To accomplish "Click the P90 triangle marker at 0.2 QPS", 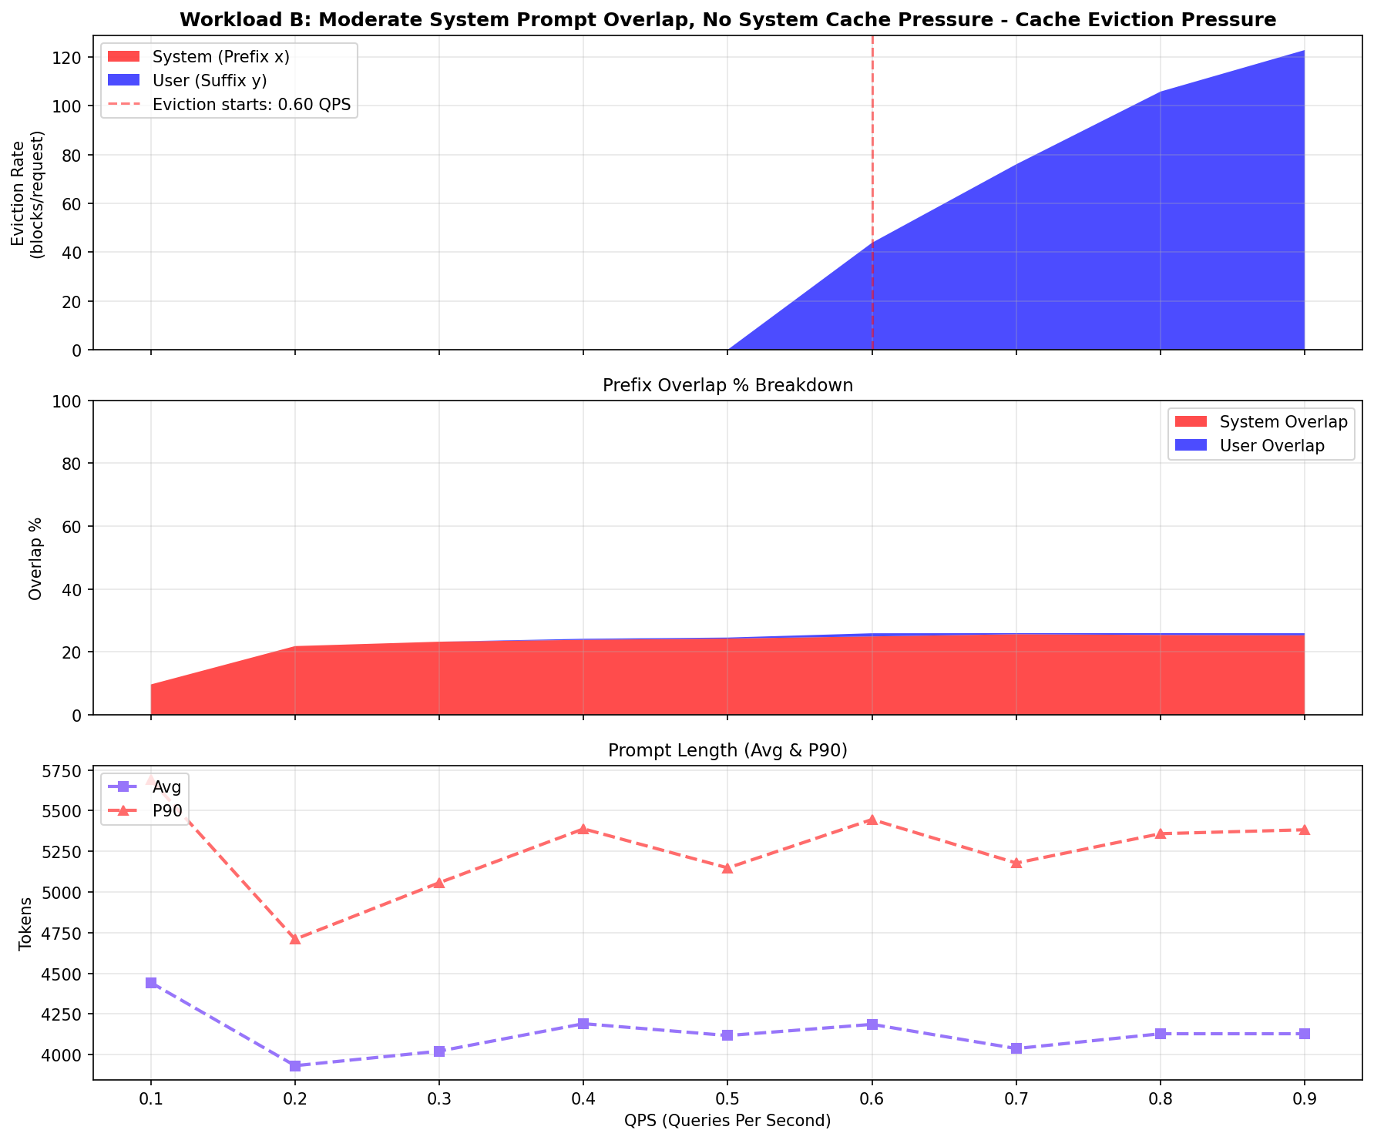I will [294, 939].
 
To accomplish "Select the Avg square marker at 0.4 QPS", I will [583, 1024].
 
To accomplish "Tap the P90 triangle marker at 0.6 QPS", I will [872, 820].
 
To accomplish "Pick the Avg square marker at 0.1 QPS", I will [151, 983].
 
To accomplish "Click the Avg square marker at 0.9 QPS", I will [1304, 1034].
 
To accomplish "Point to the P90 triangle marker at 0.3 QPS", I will [438, 883].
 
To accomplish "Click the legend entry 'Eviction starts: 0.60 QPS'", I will [251, 106].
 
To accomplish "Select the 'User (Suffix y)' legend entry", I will [210, 81].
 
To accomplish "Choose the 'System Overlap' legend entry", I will [1283, 421].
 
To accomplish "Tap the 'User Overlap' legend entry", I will [1272, 446].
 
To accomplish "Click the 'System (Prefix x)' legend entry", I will [220, 56].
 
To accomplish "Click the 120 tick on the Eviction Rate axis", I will [71, 58].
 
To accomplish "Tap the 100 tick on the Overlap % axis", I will [71, 401].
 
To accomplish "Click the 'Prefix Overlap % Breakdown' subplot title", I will [727, 386].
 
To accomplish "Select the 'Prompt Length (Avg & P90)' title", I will [727, 751].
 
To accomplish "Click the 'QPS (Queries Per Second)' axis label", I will [727, 1121].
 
